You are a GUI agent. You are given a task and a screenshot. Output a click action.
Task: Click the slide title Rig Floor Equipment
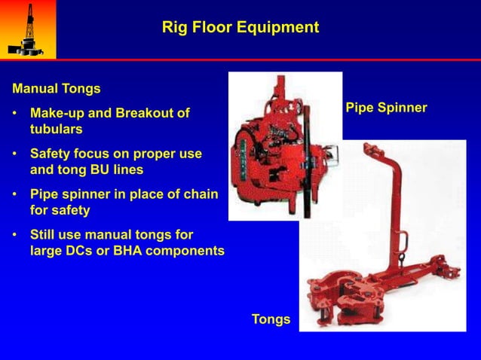coord(240,28)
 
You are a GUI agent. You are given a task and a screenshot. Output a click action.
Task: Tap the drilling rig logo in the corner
coord(27,29)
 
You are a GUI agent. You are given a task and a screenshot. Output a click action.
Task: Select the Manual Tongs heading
coord(57,89)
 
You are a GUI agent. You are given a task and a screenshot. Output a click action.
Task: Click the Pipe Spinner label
coord(386,108)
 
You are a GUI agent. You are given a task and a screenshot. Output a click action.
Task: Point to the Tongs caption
coord(271,319)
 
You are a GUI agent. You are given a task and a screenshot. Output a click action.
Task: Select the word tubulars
coord(57,129)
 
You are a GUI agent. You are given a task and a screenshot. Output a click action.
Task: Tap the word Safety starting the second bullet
coord(51,154)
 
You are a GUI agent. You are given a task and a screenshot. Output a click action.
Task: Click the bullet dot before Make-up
coord(16,114)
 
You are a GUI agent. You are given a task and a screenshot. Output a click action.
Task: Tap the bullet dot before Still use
coord(16,235)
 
